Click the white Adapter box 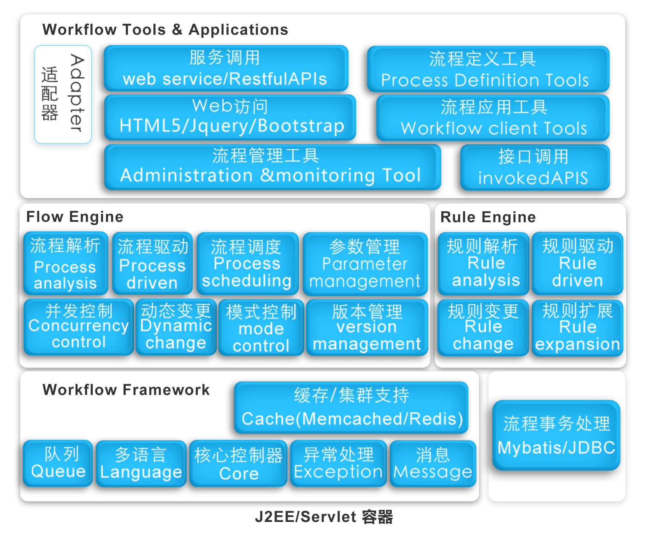pyautogui.click(x=63, y=94)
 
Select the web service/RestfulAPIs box pyautogui.click(x=226, y=68)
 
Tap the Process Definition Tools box pyautogui.click(x=488, y=69)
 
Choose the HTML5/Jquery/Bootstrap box pyautogui.click(x=230, y=117)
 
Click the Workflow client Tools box pyautogui.click(x=493, y=118)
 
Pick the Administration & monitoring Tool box pyautogui.click(x=273, y=167)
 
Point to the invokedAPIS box pyautogui.click(x=535, y=167)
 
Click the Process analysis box pyautogui.click(x=66, y=263)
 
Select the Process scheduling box pyautogui.click(x=247, y=263)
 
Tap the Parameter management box pyautogui.click(x=365, y=264)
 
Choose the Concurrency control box pyautogui.click(x=79, y=327)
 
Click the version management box pyautogui.click(x=367, y=328)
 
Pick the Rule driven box pyautogui.click(x=577, y=263)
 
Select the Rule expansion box pyautogui.click(x=577, y=328)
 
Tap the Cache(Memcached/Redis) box pyautogui.click(x=351, y=407)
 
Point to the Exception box pyautogui.click(x=338, y=464)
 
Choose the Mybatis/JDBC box pyautogui.click(x=556, y=435)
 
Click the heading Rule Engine pyautogui.click(x=488, y=217)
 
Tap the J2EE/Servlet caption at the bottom pyautogui.click(x=324, y=517)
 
